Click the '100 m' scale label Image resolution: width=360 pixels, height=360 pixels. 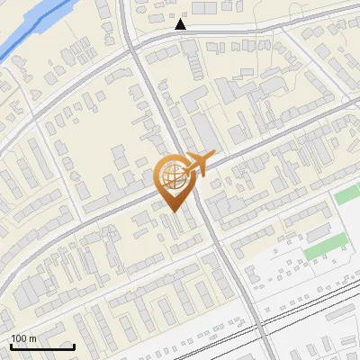23,338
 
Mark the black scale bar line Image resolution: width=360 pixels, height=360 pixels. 42,346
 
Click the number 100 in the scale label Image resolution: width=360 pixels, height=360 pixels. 19,338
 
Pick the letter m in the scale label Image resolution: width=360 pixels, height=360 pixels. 32,338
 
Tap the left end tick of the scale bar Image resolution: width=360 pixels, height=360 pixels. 11,345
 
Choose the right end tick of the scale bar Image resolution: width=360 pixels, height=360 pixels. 74,345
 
